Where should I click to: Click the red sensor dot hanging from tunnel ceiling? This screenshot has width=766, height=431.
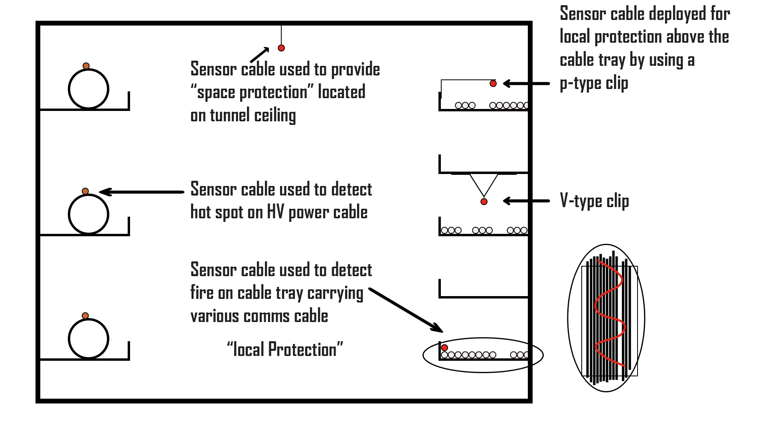[281, 48]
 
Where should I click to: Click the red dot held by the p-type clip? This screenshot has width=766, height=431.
[493, 83]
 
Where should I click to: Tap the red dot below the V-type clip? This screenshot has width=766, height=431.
[484, 202]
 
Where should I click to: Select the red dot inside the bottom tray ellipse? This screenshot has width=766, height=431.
[444, 348]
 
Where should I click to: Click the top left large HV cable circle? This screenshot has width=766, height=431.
[89, 89]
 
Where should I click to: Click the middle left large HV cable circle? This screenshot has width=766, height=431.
[89, 214]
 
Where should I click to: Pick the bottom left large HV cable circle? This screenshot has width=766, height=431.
[89, 339]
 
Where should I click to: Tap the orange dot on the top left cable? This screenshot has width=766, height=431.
[86, 66]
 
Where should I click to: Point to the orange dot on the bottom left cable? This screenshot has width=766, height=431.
[85, 316]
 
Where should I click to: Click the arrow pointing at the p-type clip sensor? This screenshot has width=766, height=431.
[527, 83]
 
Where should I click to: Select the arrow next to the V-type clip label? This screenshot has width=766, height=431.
[527, 201]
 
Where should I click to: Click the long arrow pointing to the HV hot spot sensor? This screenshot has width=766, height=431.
[142, 192]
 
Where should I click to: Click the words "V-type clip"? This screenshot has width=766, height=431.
[594, 201]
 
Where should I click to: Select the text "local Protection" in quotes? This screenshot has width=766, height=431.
[285, 350]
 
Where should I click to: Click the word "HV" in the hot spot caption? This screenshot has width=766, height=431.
[275, 212]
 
